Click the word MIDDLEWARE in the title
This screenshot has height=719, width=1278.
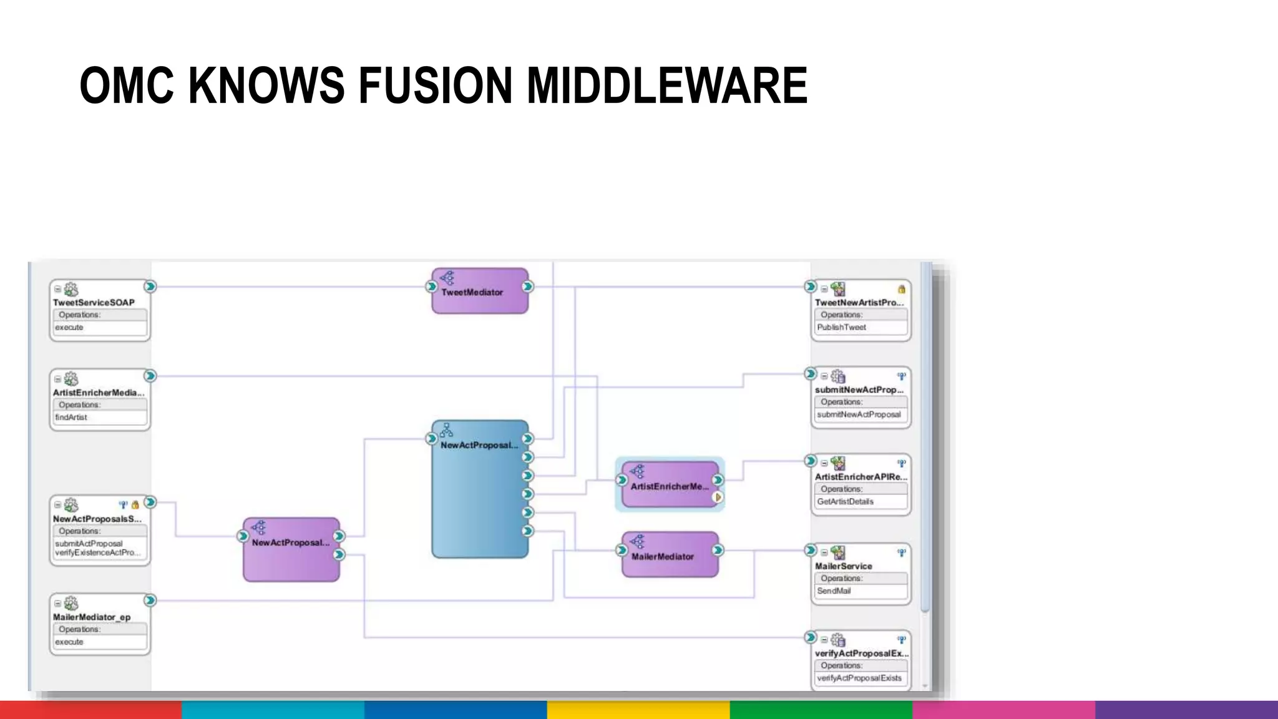click(667, 86)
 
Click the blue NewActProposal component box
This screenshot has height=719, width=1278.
click(479, 493)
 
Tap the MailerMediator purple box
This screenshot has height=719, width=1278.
click(669, 555)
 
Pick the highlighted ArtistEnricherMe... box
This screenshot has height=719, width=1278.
click(669, 486)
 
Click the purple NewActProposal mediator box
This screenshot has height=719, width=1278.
click(291, 549)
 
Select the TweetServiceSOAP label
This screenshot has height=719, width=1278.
click(94, 303)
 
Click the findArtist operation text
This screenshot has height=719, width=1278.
click(71, 418)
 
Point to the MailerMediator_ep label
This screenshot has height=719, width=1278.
click(92, 617)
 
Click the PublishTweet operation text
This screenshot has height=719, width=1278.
click(841, 328)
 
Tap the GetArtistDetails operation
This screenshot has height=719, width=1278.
click(845, 502)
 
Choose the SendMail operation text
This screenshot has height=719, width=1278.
click(834, 591)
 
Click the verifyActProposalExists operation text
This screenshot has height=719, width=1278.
click(859, 678)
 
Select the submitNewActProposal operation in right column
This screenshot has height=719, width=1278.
click(859, 414)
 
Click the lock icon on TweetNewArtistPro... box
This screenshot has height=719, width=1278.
click(901, 289)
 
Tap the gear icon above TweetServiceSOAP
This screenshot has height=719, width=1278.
click(71, 290)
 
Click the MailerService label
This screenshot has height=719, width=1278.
click(843, 566)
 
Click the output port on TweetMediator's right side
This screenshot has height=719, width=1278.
click(528, 286)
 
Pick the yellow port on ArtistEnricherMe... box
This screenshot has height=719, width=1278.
click(718, 497)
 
